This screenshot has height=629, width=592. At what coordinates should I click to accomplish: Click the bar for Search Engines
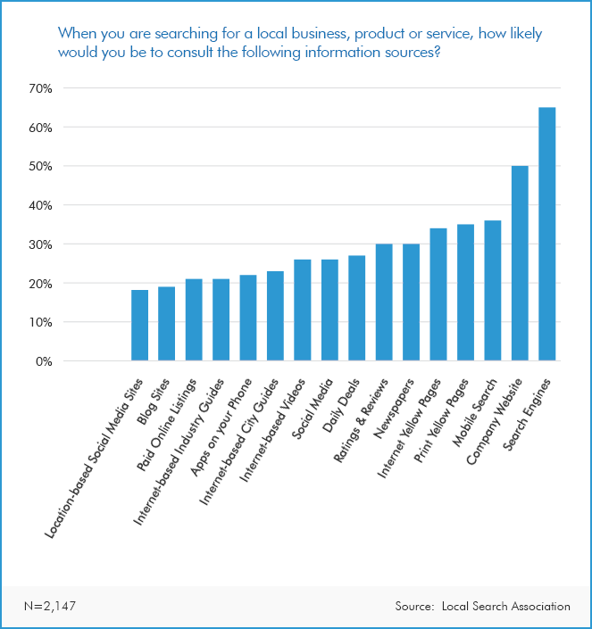546,234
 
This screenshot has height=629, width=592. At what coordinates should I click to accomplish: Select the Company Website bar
520,263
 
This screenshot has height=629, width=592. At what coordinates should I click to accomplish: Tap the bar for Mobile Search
492,291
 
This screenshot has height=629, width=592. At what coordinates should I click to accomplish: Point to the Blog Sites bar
167,324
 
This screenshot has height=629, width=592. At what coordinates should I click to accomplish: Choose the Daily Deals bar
356,309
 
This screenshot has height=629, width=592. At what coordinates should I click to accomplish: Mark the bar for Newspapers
411,302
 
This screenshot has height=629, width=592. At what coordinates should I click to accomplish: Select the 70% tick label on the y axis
41,88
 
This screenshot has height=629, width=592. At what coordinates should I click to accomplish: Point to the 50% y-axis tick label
41,166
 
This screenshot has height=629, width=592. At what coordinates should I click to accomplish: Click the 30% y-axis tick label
41,244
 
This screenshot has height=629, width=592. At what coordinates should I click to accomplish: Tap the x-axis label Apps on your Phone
218,418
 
